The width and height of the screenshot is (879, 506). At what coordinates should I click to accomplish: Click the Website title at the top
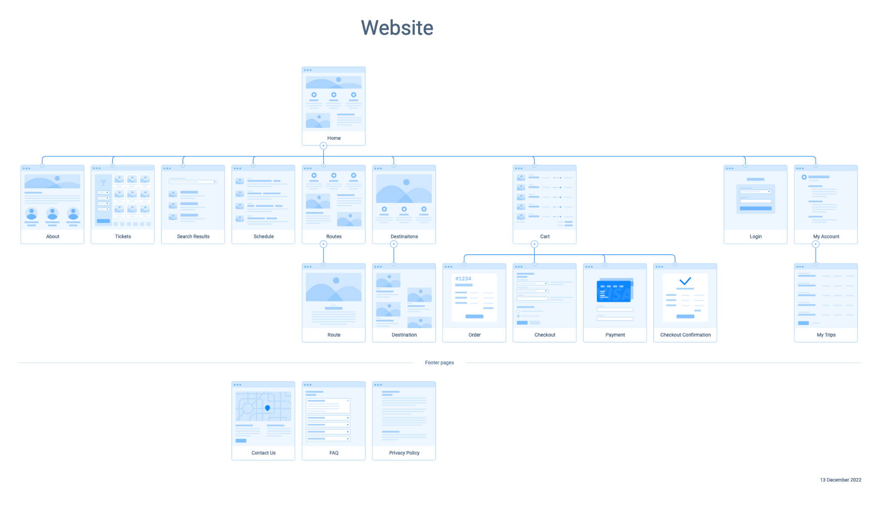397,28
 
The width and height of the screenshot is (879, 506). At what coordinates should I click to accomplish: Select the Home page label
334,138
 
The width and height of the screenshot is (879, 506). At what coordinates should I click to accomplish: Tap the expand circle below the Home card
324,146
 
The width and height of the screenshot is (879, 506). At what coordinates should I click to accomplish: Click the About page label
52,236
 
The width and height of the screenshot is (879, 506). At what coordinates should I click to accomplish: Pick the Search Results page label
193,236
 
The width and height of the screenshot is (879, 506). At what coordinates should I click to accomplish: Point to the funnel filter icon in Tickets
103,183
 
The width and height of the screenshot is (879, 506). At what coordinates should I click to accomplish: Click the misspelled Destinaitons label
404,236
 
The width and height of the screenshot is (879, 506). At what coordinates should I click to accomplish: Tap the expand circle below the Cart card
534,244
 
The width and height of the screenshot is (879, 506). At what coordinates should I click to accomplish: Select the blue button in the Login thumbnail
755,208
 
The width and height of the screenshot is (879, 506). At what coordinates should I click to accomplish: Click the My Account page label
826,236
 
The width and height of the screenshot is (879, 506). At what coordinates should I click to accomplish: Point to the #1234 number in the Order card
463,279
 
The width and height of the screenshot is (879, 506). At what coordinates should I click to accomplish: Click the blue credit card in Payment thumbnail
614,291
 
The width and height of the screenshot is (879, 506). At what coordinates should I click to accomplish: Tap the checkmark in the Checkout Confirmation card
685,281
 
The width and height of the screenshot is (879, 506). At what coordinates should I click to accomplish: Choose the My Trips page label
826,335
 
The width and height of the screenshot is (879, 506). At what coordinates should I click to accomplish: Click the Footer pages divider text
439,363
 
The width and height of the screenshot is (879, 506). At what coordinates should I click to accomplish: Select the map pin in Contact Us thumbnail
267,408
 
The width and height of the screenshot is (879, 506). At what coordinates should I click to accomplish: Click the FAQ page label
334,453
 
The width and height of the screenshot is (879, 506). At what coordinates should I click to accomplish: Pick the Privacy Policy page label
404,453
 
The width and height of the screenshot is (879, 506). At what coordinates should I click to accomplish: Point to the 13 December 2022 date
840,480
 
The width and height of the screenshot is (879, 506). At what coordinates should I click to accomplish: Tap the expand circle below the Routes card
324,244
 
